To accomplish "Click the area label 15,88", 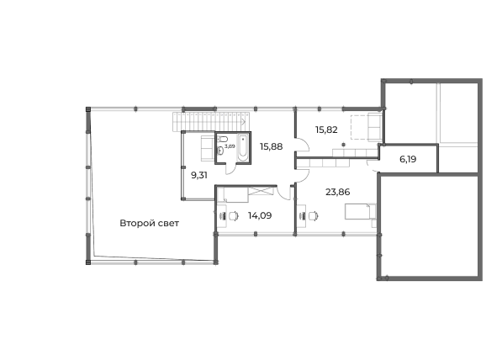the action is [271, 146].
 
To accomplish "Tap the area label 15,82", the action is [326, 130].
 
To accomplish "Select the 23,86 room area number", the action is [338, 192].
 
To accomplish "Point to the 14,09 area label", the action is [260, 215].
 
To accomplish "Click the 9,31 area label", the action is [199, 175].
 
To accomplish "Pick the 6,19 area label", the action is [408, 159].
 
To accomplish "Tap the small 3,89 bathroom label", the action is [230, 146].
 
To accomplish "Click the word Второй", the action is [135, 223].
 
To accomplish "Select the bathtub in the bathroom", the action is [243, 148].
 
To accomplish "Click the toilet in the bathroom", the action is [223, 140].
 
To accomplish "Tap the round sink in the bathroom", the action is [220, 151].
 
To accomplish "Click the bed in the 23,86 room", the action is [360, 211].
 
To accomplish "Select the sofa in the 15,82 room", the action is [375, 126].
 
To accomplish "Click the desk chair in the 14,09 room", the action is [235, 216].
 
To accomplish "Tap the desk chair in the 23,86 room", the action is [314, 216].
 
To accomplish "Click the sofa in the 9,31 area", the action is [208, 149].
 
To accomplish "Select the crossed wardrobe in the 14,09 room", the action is [261, 191].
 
